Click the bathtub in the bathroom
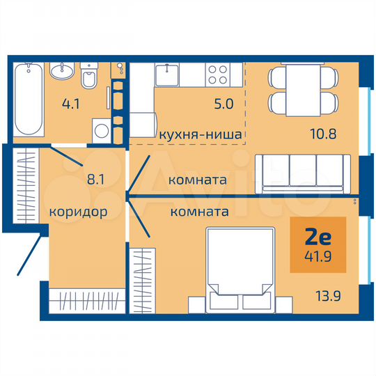pos(29,100)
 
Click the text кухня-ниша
pos(201,134)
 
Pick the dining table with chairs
pos(298,91)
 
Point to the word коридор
pos(78,212)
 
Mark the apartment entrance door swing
pos(26,254)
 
